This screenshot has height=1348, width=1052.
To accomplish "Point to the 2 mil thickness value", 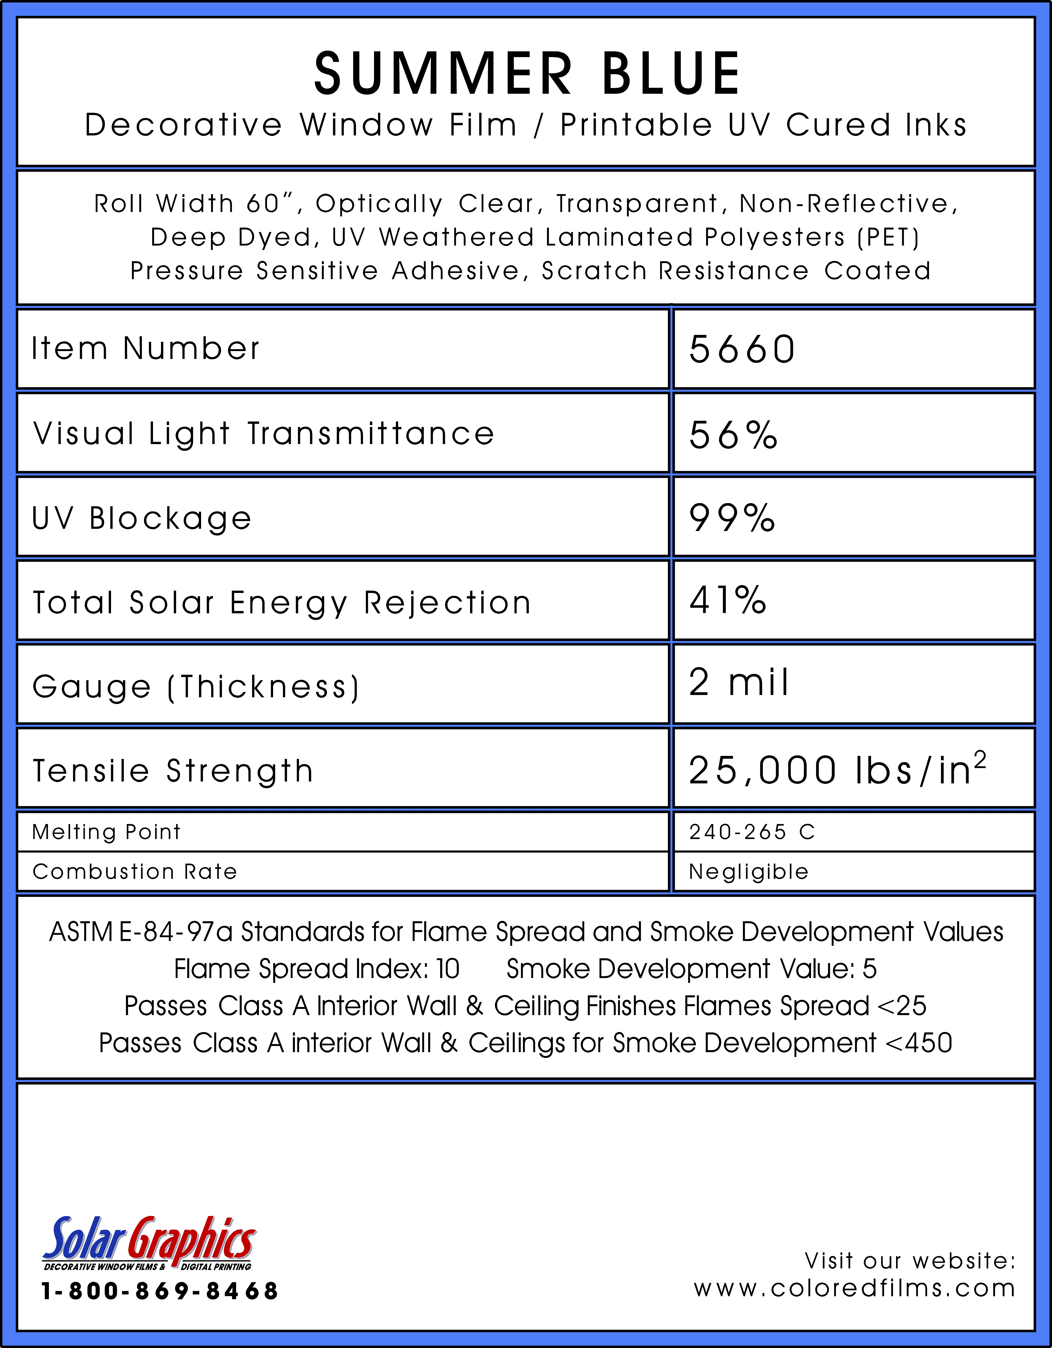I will click(x=739, y=683).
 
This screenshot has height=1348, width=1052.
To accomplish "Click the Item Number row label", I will click(x=146, y=349).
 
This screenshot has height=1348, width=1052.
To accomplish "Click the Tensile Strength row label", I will click(x=173, y=771).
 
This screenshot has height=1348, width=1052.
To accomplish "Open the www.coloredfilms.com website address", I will click(x=854, y=1289).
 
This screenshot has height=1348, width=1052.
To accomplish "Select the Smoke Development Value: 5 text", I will click(x=691, y=969).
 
